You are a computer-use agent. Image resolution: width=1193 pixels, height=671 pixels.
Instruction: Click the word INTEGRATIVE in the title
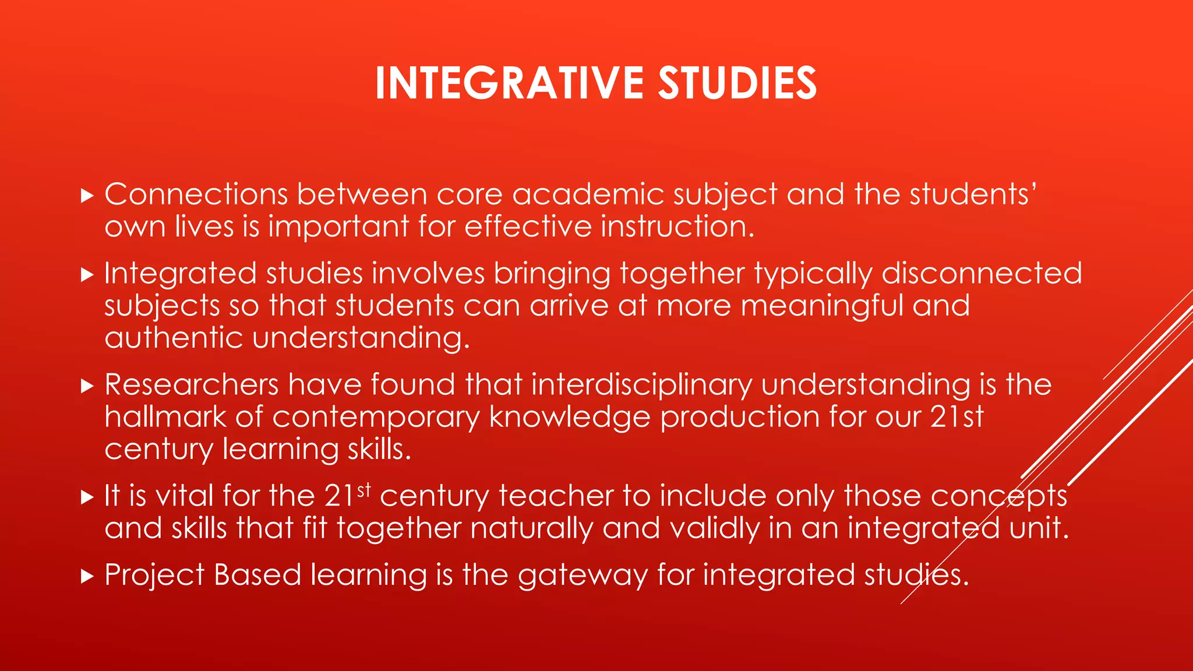509,83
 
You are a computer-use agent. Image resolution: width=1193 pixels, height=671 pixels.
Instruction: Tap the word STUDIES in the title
737,83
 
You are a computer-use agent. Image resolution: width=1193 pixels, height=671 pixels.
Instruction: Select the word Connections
196,194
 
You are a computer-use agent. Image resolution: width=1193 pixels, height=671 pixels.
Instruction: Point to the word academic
588,194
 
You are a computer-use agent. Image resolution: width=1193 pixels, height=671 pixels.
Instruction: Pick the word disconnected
982,273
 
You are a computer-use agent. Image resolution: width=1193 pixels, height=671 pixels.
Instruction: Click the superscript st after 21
364,490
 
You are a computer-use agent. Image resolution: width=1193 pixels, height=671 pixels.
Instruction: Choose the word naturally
531,529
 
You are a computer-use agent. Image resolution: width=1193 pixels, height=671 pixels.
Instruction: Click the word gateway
583,576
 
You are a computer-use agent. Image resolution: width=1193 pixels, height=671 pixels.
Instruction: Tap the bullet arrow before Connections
87,196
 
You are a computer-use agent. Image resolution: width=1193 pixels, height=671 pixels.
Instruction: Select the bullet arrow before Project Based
87,577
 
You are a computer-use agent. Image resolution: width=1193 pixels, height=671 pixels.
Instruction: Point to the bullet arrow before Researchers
87,386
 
